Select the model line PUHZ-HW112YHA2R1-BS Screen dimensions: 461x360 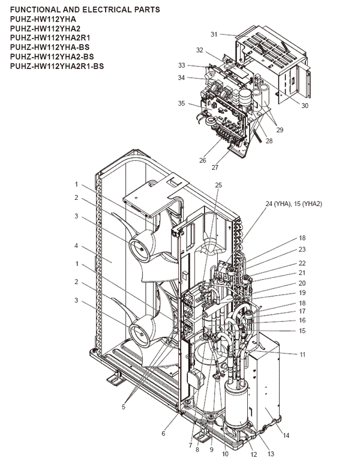(x=57, y=66)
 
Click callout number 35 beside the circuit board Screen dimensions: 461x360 (x=181, y=103)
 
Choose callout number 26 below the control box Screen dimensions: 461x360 (x=202, y=160)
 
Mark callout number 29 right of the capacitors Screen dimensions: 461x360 (x=279, y=130)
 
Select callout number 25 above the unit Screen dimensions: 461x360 (x=218, y=185)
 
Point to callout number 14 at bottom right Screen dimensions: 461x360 (x=286, y=435)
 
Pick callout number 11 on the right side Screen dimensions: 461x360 (x=302, y=355)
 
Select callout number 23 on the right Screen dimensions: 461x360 (x=302, y=249)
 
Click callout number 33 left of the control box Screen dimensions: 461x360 (x=181, y=65)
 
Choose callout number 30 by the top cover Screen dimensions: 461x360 (x=305, y=106)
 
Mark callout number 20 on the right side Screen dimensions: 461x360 (x=302, y=283)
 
